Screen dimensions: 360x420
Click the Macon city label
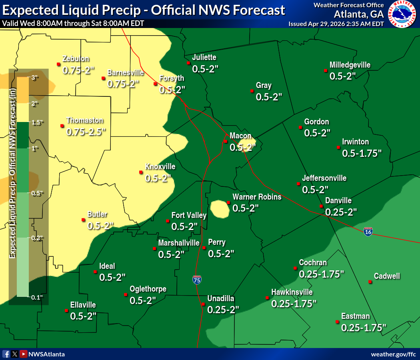pos(240,136)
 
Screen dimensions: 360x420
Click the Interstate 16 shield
pos(368,232)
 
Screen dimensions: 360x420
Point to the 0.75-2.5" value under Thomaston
pos(86,131)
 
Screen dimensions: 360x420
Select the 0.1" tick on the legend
pos(37,297)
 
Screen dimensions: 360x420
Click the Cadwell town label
pos(387,276)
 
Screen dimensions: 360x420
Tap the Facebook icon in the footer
pos(6,354)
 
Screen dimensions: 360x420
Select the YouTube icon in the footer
pos(24,354)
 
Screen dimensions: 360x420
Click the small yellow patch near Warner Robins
pos(219,209)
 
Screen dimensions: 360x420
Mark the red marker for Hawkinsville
pos(267,298)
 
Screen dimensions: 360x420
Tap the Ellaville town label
pos(83,305)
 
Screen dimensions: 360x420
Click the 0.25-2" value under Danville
pos(341,212)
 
